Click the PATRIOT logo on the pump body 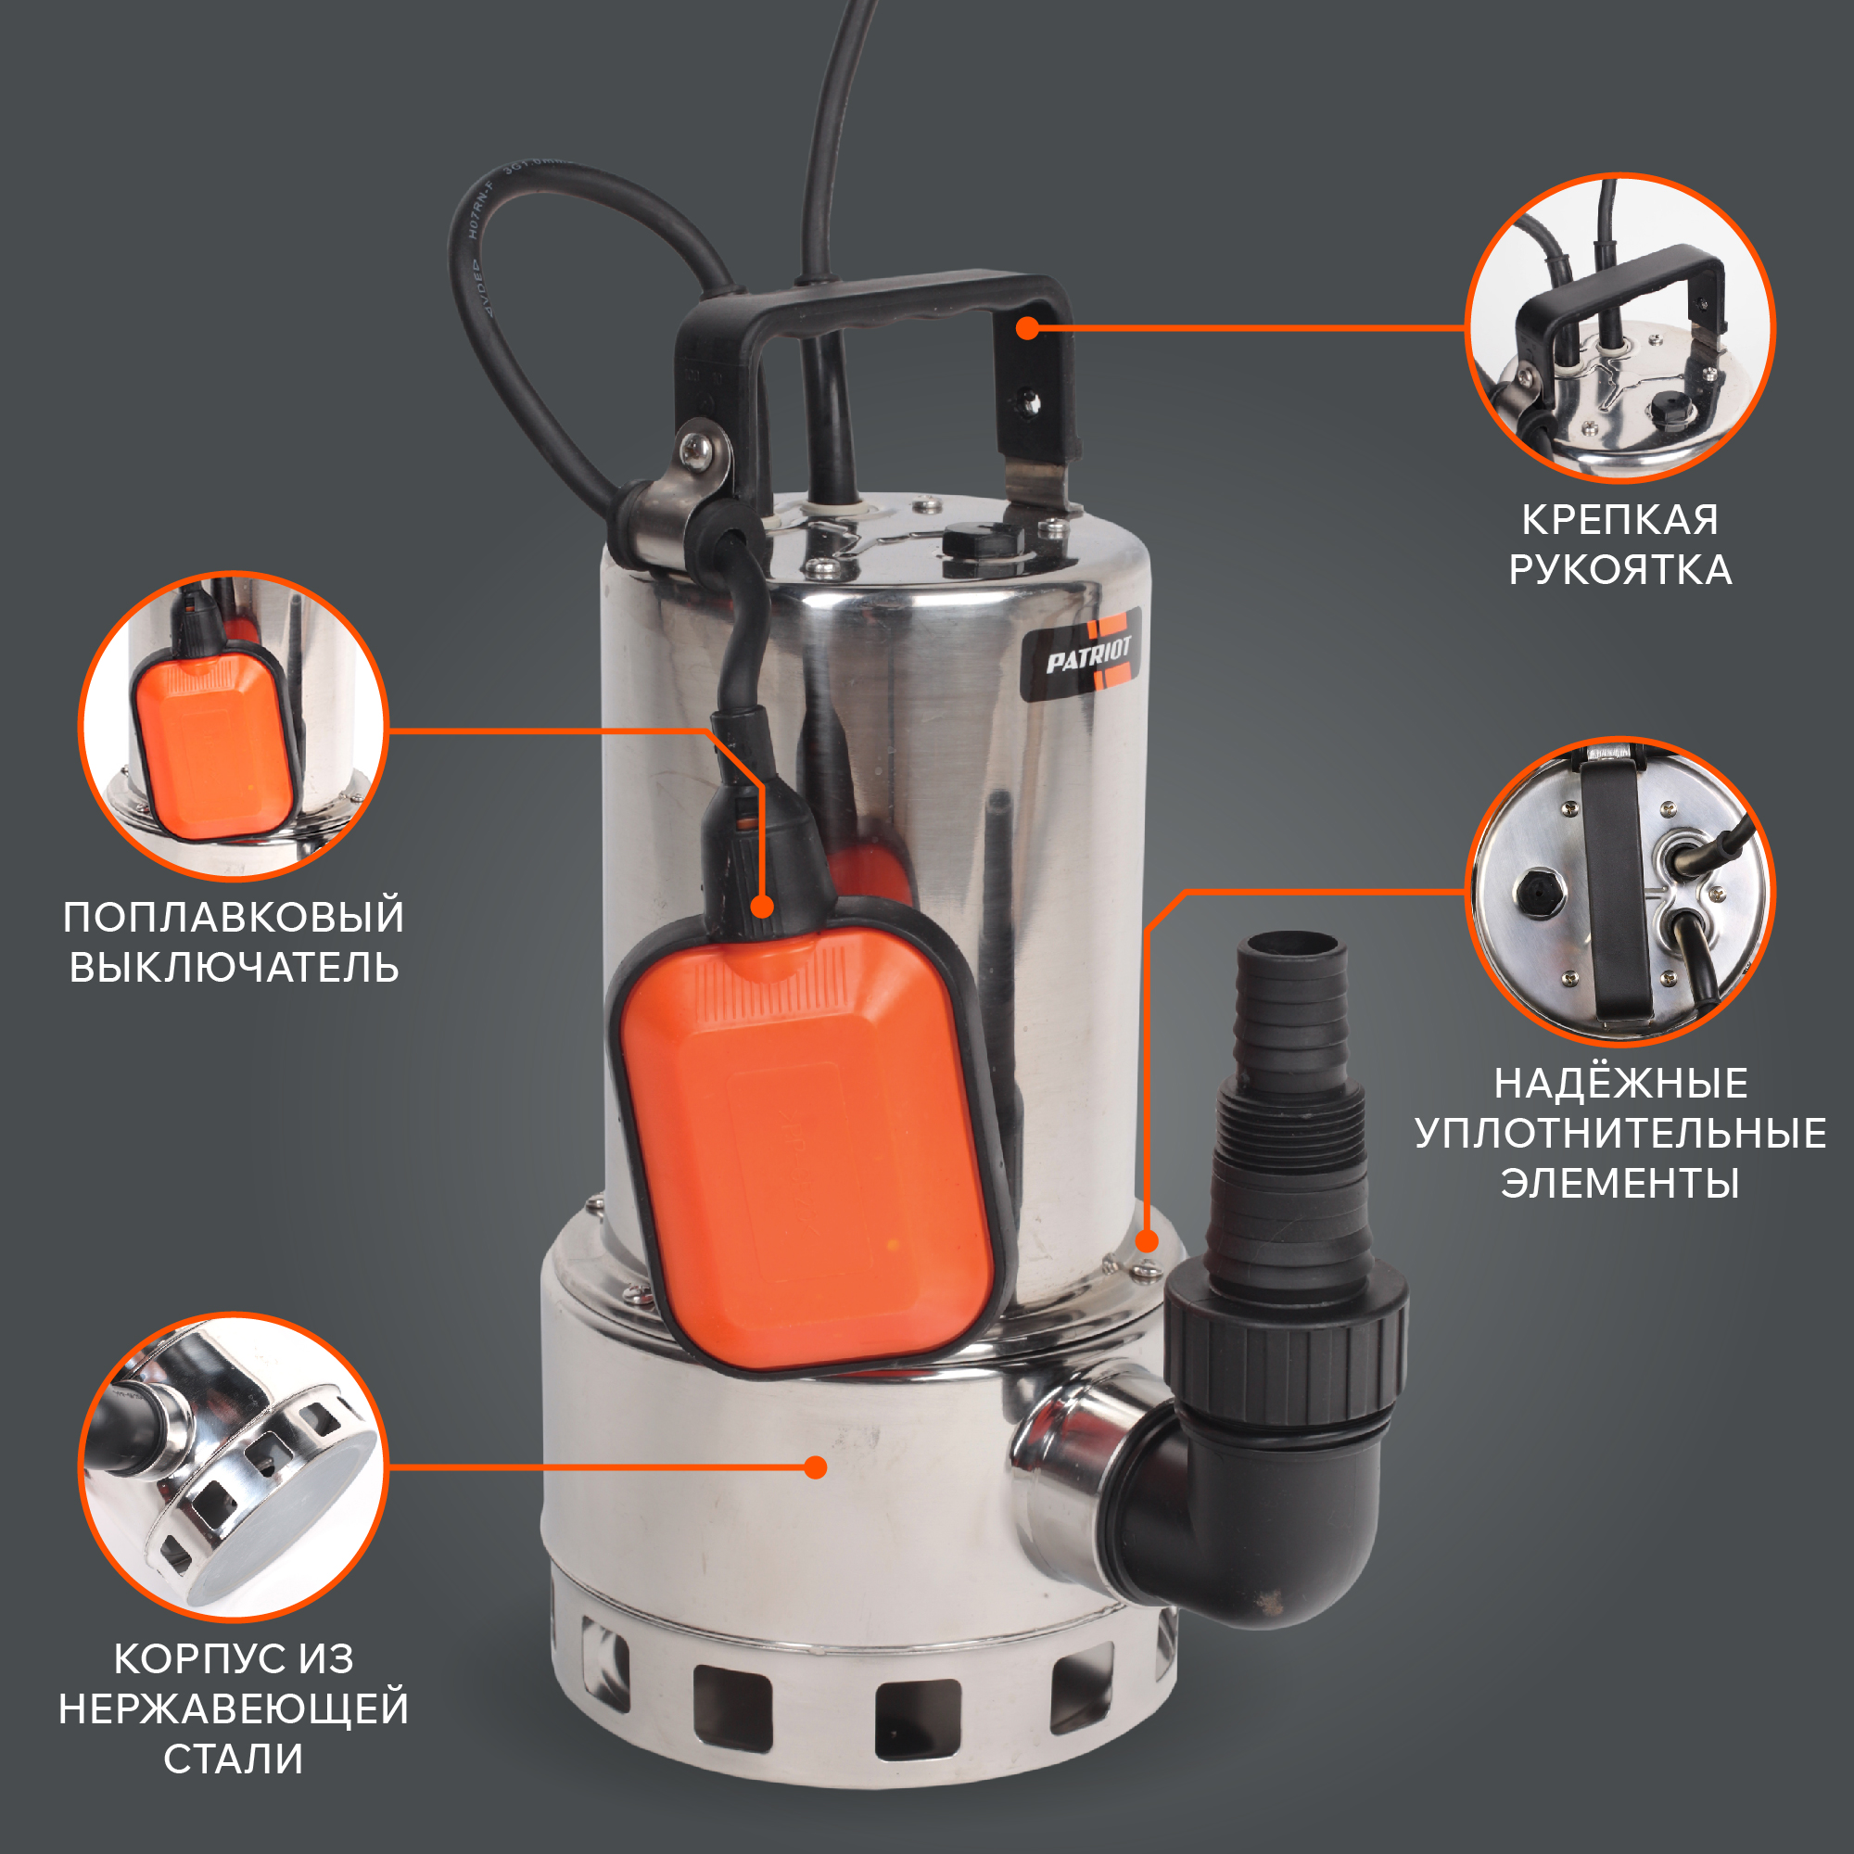(x=1081, y=654)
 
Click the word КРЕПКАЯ (x=1619, y=520)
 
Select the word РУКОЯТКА (x=1619, y=570)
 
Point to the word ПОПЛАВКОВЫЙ (x=234, y=918)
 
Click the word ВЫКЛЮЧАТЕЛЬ (x=234, y=967)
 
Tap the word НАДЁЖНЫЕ (x=1620, y=1084)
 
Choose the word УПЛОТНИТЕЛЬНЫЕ (x=1620, y=1134)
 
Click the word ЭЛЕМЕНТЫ (x=1620, y=1183)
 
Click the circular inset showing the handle (x=1619, y=328)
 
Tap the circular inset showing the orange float (x=234, y=726)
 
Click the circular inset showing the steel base (x=234, y=1467)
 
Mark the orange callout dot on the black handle (x=1028, y=328)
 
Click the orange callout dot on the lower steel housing (x=816, y=1467)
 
